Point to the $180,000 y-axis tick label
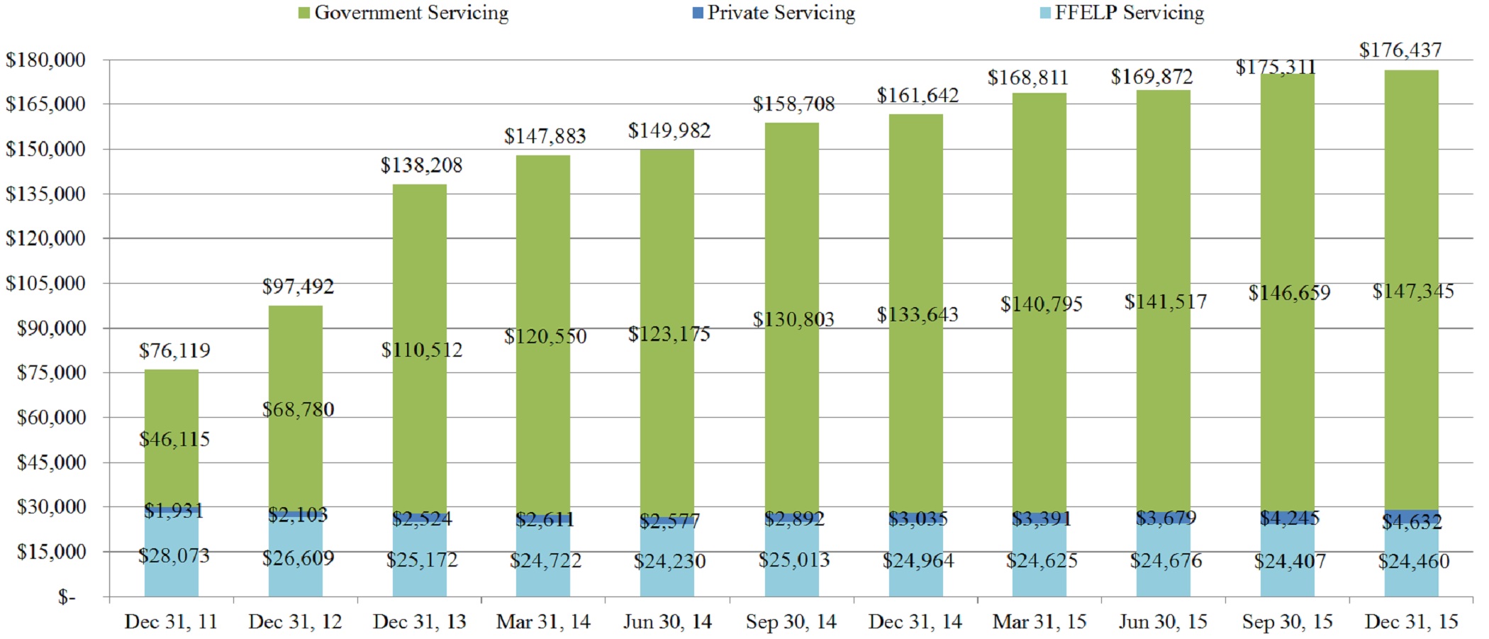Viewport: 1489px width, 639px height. (46, 60)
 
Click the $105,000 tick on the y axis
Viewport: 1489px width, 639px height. (46, 283)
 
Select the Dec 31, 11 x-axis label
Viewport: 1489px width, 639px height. (170, 622)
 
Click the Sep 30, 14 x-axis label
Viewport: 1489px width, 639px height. (791, 622)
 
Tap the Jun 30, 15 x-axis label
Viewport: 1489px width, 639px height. (1163, 622)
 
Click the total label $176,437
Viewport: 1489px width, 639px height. (1400, 50)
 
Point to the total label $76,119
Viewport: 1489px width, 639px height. (174, 350)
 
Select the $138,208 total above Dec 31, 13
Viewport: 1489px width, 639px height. (421, 165)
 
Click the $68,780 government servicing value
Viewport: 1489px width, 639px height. (298, 409)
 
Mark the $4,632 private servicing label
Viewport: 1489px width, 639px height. (1412, 523)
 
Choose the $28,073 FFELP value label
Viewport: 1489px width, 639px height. (174, 555)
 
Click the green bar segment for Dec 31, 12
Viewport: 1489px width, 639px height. (296, 355)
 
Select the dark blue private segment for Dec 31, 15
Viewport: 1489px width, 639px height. (1411, 513)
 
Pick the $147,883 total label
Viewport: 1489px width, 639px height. (545, 136)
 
